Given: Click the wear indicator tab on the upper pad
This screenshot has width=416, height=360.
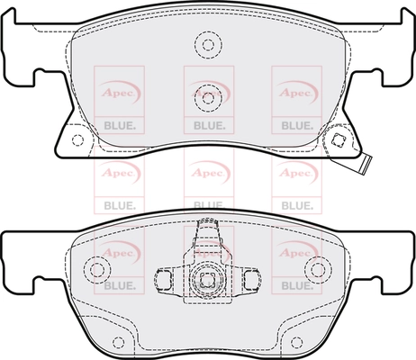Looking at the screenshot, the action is tap(366, 164).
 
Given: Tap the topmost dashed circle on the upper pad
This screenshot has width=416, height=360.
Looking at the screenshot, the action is tap(208, 45).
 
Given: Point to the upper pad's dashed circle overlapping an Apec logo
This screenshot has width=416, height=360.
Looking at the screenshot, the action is tap(208, 98).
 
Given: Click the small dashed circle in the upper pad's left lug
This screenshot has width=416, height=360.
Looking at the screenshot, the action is tap(77, 140).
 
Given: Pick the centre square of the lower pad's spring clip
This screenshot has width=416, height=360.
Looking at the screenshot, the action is tap(206, 280).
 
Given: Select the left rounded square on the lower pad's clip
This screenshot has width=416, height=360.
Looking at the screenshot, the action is tap(164, 279).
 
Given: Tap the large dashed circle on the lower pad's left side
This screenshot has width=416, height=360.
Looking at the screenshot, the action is tap(97, 269).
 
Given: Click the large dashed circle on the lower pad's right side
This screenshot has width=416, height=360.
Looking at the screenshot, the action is tap(318, 269).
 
